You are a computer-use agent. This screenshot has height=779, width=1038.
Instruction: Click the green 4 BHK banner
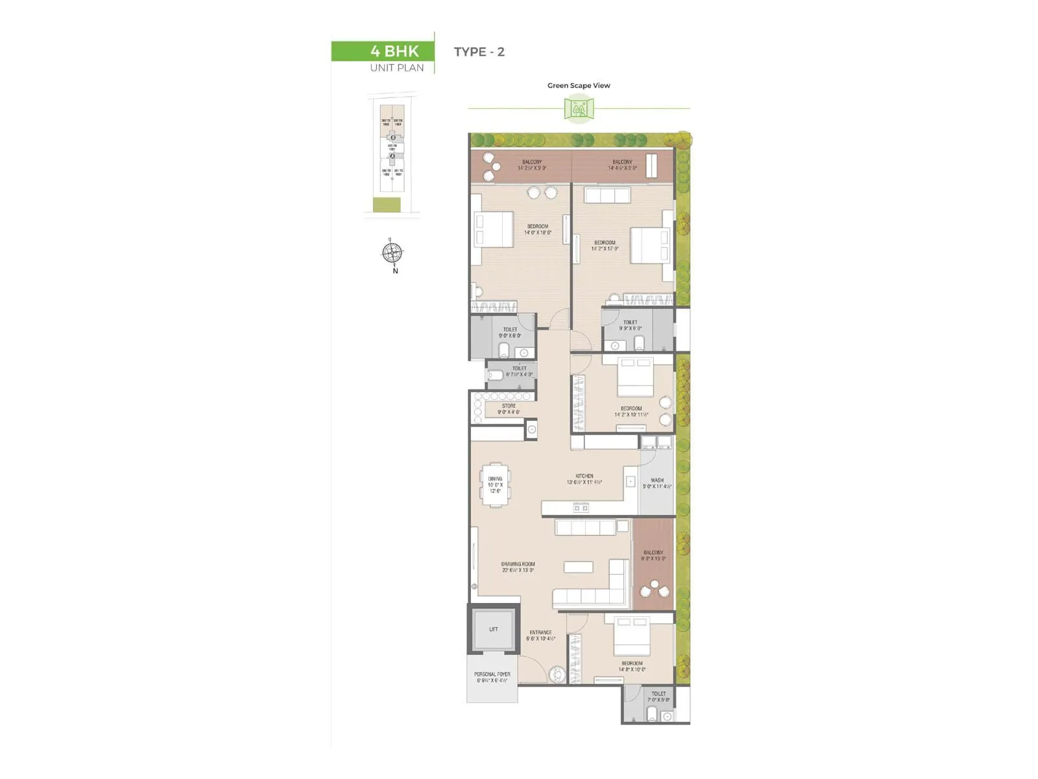pos(382,51)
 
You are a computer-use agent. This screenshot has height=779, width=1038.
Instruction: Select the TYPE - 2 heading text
pos(479,52)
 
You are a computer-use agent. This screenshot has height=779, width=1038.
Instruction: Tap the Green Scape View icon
pos(579,108)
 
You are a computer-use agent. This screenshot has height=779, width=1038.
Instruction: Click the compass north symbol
pos(392,253)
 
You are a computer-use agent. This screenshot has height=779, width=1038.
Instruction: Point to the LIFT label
pos(494,629)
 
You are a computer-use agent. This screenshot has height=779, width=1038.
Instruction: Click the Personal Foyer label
pos(492,677)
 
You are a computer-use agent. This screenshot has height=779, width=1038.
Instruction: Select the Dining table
pos(496,485)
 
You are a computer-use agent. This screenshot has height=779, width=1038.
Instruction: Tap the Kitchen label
pos(584,479)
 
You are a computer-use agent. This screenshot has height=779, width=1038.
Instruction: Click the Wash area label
pos(657,483)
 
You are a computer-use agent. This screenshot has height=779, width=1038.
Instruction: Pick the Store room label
pos(509,409)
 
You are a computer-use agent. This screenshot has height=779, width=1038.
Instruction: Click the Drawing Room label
pos(518,567)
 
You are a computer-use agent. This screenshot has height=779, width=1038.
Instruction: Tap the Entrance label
pos(540,635)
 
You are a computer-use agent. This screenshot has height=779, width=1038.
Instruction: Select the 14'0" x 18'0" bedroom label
pos(537,229)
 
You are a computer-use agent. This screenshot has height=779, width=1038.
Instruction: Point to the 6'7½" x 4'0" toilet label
pos(519,371)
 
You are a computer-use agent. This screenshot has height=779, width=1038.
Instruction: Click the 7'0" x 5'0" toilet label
pos(658,697)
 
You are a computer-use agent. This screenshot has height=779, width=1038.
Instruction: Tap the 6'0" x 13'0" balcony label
pos(653,555)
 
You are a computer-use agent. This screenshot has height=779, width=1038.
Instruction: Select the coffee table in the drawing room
pos(578,567)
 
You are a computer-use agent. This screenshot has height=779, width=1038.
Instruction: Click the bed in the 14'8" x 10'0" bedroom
pos(632,637)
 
